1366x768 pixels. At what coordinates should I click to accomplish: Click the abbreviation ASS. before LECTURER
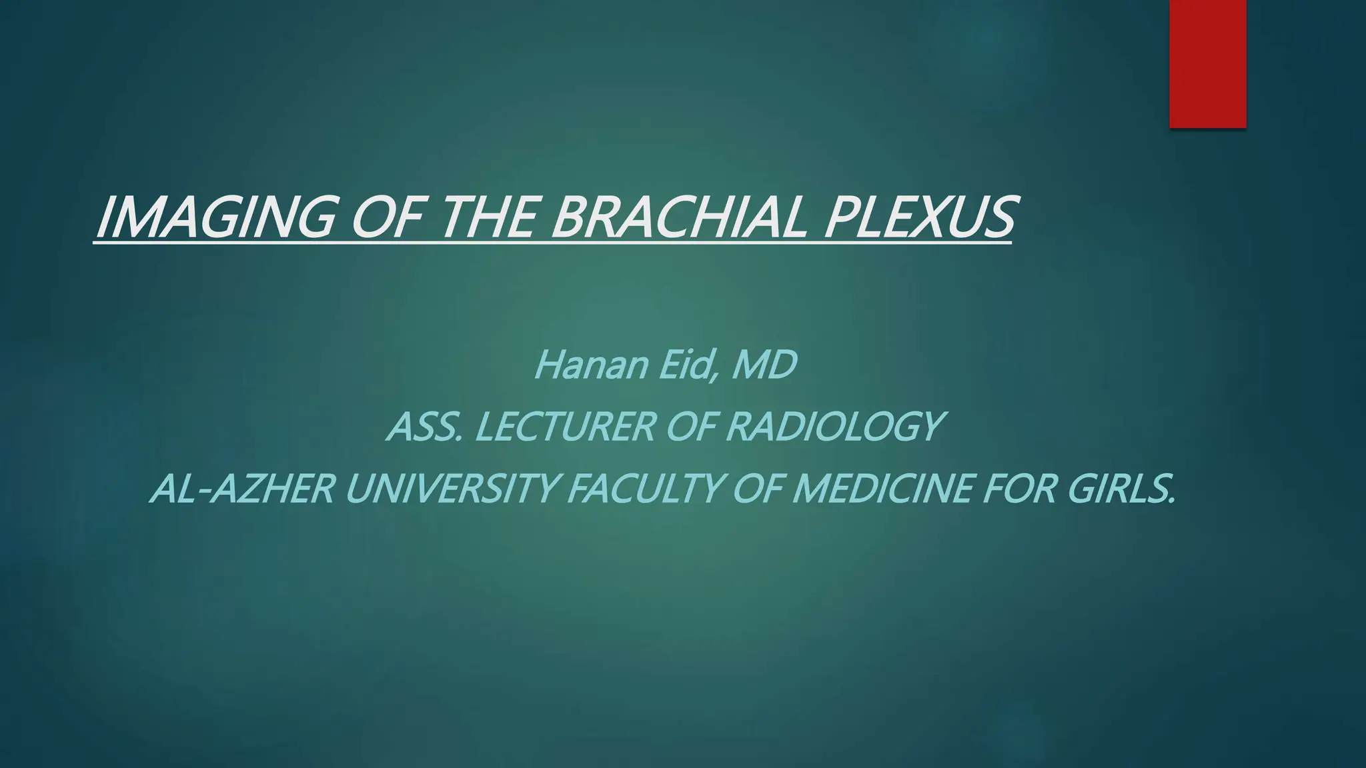click(x=424, y=427)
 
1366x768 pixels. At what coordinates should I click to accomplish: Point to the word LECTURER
click(x=564, y=427)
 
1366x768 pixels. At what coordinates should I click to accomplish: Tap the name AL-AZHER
click(x=241, y=489)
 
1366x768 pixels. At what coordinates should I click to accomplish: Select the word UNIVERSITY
click(x=451, y=489)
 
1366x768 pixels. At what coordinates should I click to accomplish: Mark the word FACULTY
click(x=644, y=489)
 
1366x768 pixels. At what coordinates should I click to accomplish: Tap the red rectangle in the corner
click(x=1207, y=63)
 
